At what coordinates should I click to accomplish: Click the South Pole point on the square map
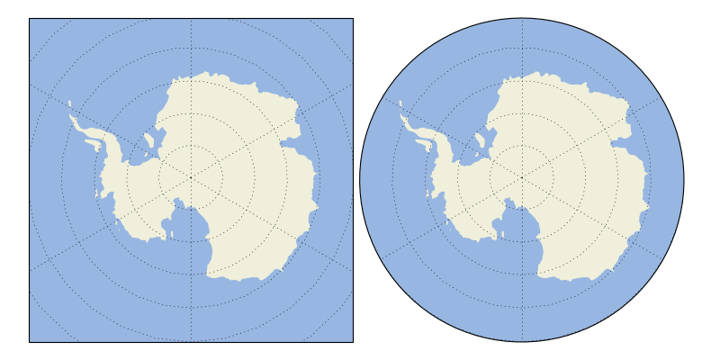pos(191,179)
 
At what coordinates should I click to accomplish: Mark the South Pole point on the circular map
pos(522,179)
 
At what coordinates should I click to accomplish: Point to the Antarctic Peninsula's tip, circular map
pos(402,116)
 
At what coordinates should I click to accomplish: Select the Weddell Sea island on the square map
pos(148,140)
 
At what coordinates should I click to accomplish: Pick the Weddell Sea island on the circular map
pos(480,140)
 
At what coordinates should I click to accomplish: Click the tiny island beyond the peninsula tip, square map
pos(69,103)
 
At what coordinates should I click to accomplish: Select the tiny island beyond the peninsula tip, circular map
pos(400,103)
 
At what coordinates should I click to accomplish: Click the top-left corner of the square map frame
pos(29,18)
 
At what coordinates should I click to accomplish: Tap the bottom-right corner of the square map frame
pos(353,342)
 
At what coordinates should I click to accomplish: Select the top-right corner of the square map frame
pos(353,18)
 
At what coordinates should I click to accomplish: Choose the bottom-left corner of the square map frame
pos(29,342)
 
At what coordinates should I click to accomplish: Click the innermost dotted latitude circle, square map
pos(191,147)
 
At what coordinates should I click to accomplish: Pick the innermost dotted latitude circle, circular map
pos(522,147)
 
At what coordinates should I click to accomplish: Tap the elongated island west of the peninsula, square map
pos(93,142)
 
